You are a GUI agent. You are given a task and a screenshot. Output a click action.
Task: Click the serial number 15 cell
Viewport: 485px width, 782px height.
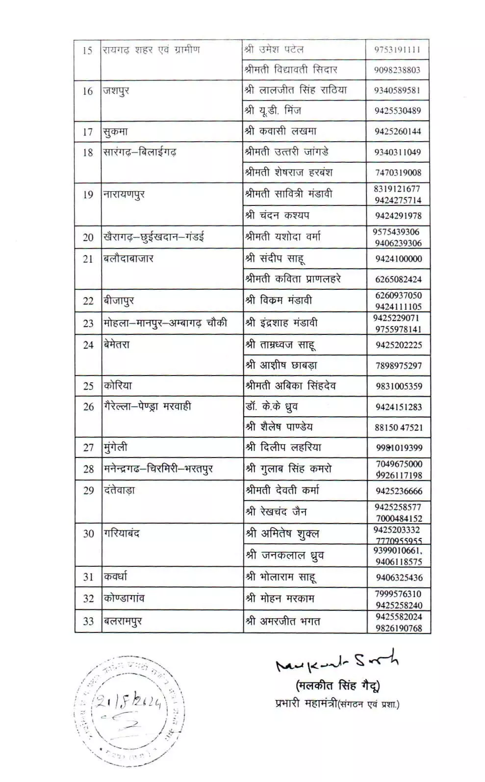tap(87, 50)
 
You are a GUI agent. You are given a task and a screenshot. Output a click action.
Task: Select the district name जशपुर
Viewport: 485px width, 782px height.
tap(116, 91)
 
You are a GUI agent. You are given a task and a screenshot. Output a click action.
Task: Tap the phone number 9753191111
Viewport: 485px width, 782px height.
tap(397, 50)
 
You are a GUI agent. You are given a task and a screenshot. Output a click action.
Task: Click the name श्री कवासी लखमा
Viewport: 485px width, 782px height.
tap(281, 131)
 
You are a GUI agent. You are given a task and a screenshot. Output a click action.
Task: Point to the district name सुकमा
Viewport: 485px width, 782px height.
tap(115, 132)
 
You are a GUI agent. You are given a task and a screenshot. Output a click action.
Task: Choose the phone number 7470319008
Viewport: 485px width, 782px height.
tap(398, 173)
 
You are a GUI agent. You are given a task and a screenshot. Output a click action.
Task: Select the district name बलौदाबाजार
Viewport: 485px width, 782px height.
tap(128, 259)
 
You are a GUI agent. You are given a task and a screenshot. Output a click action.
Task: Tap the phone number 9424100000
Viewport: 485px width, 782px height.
tap(398, 259)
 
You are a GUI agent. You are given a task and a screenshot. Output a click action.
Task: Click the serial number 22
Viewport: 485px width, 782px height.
tap(88, 301)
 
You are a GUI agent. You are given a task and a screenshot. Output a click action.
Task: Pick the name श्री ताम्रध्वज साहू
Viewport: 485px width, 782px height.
tap(281, 345)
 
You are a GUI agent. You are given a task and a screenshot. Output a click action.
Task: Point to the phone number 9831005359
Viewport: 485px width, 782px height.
tap(399, 386)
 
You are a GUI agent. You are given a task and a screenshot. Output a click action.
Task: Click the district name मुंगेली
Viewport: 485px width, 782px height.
tap(116, 448)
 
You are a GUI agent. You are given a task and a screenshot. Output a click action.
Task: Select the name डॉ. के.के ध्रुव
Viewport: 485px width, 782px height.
tap(272, 407)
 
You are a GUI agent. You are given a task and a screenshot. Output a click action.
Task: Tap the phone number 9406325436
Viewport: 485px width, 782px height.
tap(399, 578)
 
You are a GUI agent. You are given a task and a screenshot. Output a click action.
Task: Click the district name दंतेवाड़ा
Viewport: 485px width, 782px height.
tap(119, 490)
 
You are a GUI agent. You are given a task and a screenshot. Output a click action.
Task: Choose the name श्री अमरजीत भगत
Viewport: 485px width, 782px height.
tap(283, 621)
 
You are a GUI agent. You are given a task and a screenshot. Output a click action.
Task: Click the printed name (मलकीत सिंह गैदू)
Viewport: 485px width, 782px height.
tap(337, 685)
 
